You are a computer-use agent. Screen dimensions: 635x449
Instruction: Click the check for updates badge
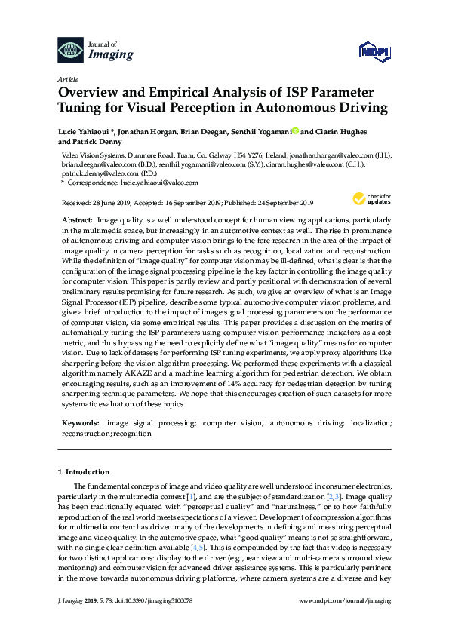pos(368,199)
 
